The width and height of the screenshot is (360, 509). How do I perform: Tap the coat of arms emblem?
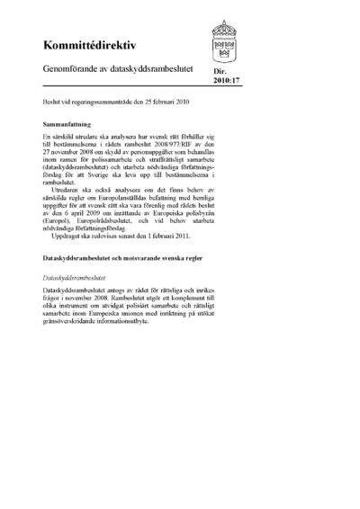[226, 41]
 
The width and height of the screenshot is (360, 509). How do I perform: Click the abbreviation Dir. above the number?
[219, 78]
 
